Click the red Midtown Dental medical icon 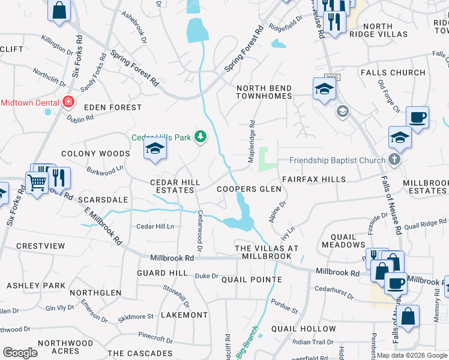coord(68,102)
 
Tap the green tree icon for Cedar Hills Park coord(200,137)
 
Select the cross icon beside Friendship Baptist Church coord(394,160)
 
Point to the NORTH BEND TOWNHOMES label coord(264,92)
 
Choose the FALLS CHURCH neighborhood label coord(393,73)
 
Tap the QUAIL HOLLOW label coord(295,329)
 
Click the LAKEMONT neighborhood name coord(184,314)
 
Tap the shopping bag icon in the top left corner coord(59,10)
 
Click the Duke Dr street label coord(206,276)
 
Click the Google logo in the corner coord(20,353)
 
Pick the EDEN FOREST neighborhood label coord(113,107)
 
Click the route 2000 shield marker coord(332,77)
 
